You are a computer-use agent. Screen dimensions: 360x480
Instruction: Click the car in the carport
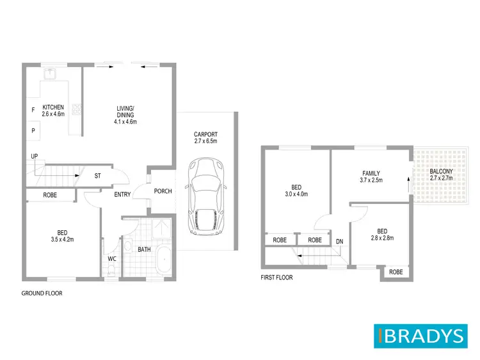pos(205,198)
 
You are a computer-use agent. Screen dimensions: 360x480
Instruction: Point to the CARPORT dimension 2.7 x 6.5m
pos(206,141)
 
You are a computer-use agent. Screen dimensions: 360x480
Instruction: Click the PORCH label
pos(163,191)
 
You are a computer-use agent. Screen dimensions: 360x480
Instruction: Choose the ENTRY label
pos(123,194)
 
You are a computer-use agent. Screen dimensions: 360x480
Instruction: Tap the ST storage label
pos(97,175)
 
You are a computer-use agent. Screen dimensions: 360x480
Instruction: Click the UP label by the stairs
pos(33,155)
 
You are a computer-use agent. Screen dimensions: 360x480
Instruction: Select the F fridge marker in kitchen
pos(33,110)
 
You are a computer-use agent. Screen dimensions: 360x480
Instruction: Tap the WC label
pos(111,259)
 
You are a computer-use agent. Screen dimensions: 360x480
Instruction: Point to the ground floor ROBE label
pos(51,194)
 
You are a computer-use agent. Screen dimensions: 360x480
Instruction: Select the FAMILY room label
pos(371,173)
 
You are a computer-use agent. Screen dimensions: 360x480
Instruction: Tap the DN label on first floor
pos(339,240)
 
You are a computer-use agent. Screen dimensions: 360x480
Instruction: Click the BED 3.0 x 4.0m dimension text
pos(296,194)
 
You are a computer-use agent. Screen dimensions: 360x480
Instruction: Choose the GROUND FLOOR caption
pos(42,293)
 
